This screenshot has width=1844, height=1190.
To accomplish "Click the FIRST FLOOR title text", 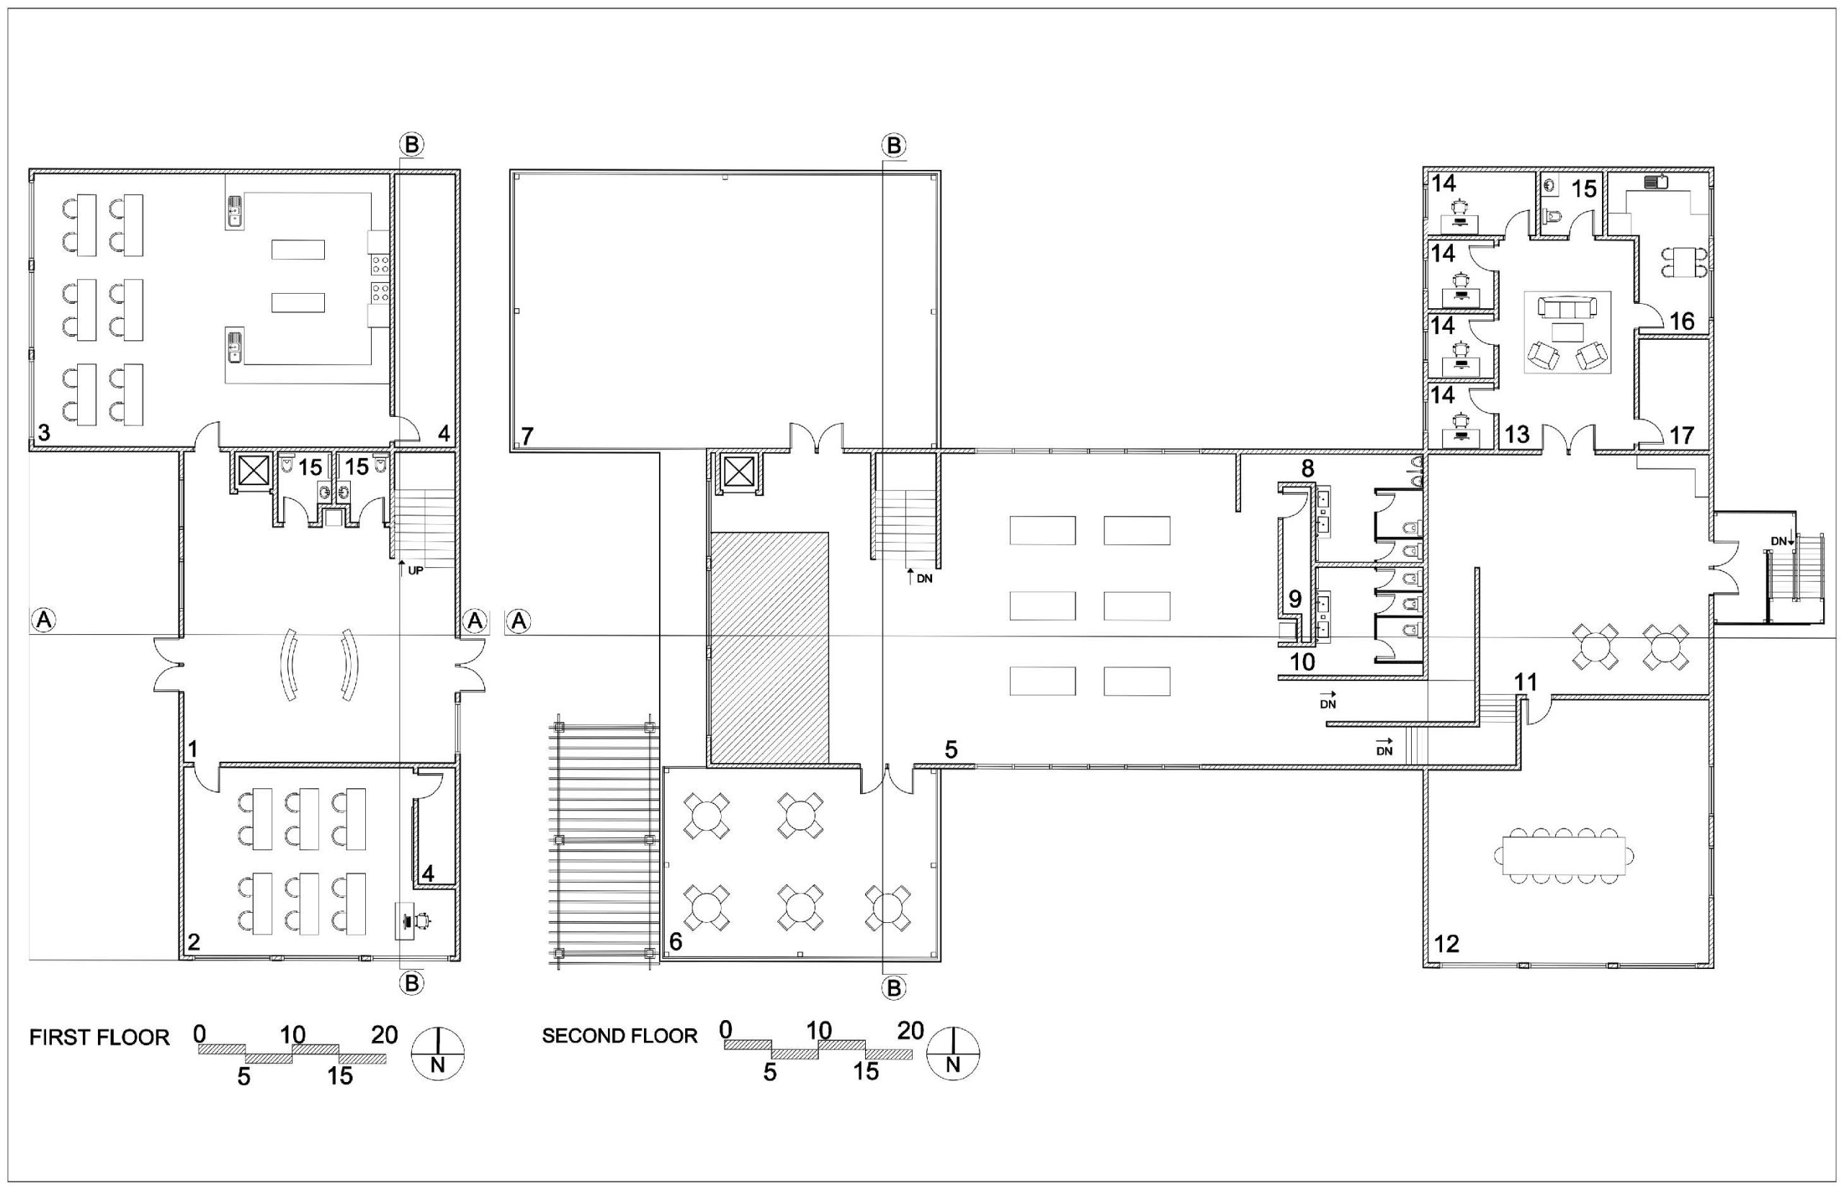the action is click(x=99, y=1038).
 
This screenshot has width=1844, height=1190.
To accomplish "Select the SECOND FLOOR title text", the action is click(x=619, y=1036).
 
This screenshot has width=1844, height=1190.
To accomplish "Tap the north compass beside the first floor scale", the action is click(x=438, y=1053).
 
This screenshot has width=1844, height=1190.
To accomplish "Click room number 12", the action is click(x=1446, y=944).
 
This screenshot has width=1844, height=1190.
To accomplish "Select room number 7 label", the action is click(x=527, y=436).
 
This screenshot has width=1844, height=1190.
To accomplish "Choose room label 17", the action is click(x=1682, y=436).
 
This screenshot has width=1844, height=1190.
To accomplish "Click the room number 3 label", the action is click(x=44, y=433).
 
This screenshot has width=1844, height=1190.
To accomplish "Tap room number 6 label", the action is click(x=676, y=941).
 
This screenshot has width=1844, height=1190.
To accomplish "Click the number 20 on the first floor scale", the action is click(x=384, y=1034).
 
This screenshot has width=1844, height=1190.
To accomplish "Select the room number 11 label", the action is click(x=1526, y=682).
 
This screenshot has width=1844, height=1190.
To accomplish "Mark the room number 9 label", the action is click(x=1295, y=599).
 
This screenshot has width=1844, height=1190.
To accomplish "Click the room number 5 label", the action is click(x=951, y=749).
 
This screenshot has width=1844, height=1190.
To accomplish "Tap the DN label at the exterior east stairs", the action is click(x=1779, y=541).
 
